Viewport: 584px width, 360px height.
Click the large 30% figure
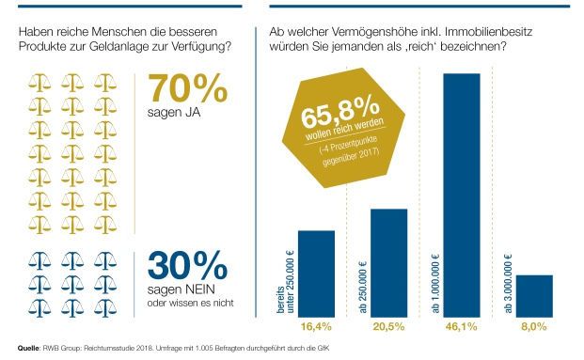coord(187,264)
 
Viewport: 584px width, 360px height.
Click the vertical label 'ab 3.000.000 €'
coord(508,278)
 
